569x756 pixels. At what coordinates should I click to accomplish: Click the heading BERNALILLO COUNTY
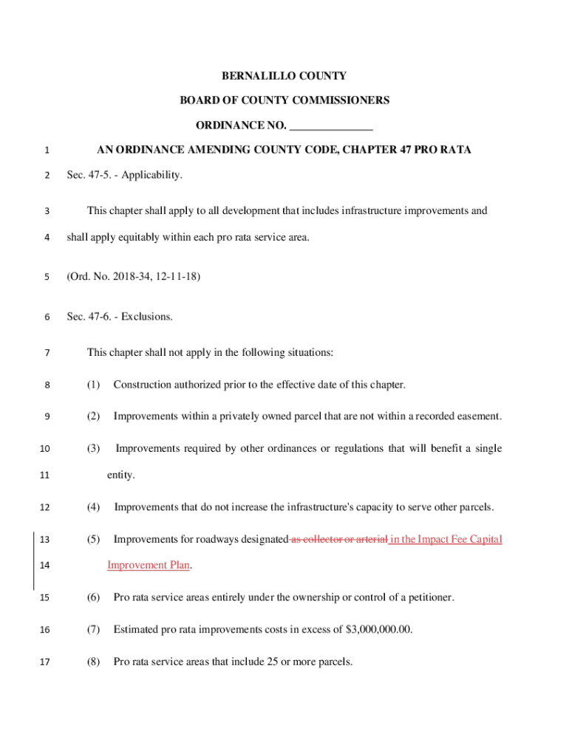[x=284, y=76]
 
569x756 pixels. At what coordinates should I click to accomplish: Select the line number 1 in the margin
[x=47, y=151]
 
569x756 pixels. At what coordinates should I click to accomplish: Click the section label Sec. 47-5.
[x=90, y=175]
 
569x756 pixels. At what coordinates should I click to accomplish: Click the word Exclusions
[x=147, y=317]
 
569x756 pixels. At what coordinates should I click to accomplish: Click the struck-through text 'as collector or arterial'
[x=339, y=539]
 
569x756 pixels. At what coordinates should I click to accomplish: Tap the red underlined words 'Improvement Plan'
[x=149, y=566]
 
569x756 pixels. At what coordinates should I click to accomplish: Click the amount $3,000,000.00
[x=379, y=630]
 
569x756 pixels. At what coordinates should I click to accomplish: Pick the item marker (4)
[x=93, y=507]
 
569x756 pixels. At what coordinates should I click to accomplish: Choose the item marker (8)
[x=93, y=662]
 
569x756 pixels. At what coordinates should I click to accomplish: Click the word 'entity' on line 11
[x=120, y=475]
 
